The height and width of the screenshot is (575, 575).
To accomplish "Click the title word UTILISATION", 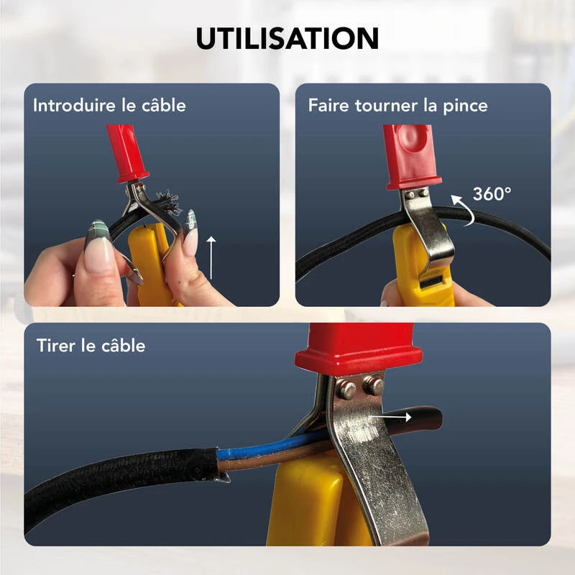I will coord(287,38).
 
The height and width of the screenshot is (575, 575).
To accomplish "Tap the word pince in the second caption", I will coord(465,106).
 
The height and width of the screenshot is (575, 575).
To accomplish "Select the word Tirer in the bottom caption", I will coord(55,346).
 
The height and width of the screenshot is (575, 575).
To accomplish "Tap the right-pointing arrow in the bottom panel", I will coord(396,415).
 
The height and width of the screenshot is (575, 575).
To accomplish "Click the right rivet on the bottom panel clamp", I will coord(373,386).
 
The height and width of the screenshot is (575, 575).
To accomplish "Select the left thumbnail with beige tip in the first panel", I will coord(99,252).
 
